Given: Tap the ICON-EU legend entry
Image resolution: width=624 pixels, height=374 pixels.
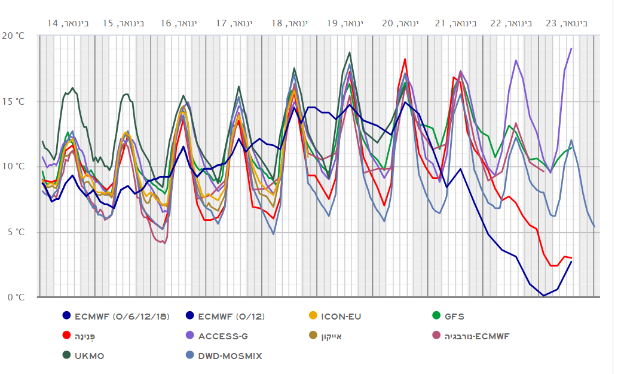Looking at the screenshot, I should coord(341,317).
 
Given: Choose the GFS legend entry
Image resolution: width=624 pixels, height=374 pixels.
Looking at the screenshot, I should coord(454,317).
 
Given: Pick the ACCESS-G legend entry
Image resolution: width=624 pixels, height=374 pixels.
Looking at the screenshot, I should coord(228,336).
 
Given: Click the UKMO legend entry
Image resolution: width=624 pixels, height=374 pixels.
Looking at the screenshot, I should coord(90,355).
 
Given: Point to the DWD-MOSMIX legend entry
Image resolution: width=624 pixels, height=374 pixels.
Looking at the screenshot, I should coord(230,355).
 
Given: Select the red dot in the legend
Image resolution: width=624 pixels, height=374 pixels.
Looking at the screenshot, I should coord(66,336).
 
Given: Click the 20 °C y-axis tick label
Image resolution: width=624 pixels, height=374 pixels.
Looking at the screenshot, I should coord(14,36).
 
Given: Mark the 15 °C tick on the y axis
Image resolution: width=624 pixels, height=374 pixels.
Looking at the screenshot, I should coord(14,101).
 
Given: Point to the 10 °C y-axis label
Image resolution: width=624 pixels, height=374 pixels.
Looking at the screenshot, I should coord(14,166).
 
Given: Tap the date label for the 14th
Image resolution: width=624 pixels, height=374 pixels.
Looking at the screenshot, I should coord(68,23).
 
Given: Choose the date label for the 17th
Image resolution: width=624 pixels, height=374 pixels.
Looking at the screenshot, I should coord(234,23).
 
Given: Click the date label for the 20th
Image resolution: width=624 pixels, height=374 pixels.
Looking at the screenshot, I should coord(400,23).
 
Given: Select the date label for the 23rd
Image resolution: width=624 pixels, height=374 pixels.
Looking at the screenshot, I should coord(566,23).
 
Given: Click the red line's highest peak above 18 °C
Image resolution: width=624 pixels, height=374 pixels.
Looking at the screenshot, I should coord(405,59).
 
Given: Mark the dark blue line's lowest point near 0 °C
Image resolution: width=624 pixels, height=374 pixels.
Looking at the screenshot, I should coord(543,296).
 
